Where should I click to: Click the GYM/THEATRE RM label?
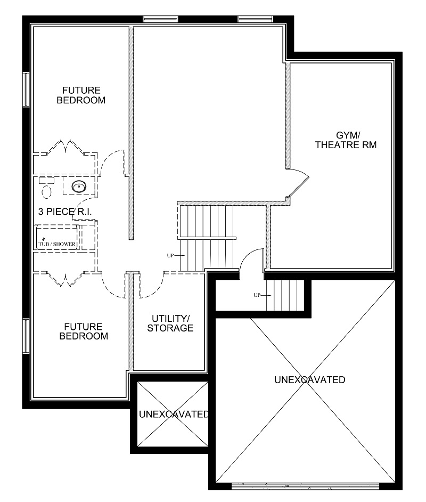tap(346, 140)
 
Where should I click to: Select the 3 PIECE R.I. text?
tap(65, 212)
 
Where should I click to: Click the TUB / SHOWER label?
tap(57, 245)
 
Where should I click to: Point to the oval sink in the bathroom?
tap(79, 187)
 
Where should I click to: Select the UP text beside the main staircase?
tap(170, 256)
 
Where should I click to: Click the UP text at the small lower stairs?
tap(258, 295)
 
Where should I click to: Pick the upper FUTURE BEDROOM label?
tap(81, 95)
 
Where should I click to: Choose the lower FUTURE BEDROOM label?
tap(84, 331)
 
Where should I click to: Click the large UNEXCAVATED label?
tap(309, 380)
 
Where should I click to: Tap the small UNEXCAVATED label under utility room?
tap(174, 414)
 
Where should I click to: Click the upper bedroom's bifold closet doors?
tap(65, 147)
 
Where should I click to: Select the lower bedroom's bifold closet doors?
tap(65, 278)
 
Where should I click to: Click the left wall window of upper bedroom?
tap(26, 90)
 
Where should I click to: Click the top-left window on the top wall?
tap(160, 20)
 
